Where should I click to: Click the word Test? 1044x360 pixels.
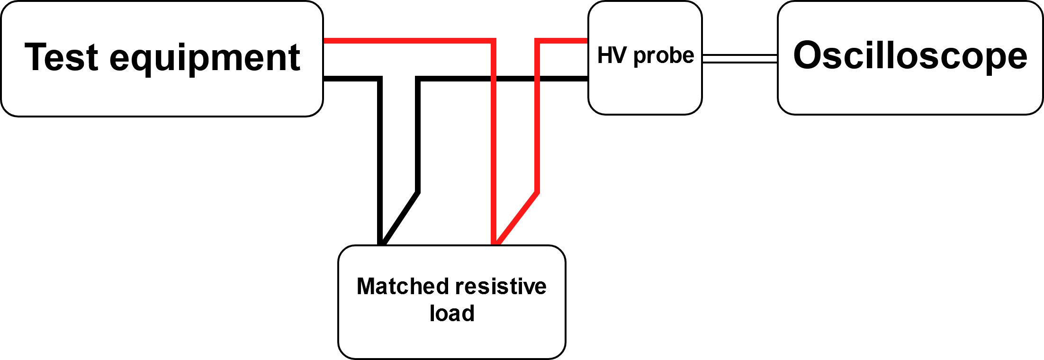(x=62, y=57)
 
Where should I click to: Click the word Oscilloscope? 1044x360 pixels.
(x=910, y=56)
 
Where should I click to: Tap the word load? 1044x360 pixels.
(x=452, y=313)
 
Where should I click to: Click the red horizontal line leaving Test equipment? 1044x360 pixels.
(x=407, y=41)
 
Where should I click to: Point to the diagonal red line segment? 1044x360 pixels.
(x=518, y=218)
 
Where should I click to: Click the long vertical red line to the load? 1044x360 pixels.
(x=494, y=142)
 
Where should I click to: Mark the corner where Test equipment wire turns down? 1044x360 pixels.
(x=493, y=41)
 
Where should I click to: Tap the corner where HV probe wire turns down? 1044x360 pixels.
(x=538, y=41)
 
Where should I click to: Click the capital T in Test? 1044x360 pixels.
(x=35, y=57)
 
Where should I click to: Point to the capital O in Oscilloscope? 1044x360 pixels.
(x=808, y=55)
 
